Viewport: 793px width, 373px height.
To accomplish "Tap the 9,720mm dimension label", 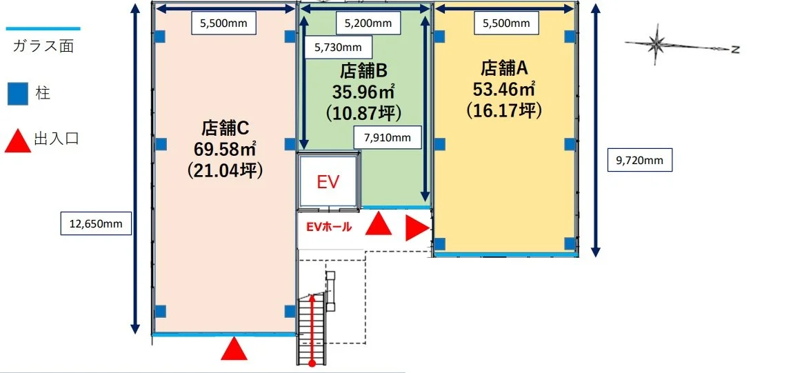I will click(x=639, y=161).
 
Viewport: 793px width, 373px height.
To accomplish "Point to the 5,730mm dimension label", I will click(x=337, y=48).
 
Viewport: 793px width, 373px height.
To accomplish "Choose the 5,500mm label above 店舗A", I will click(x=506, y=23).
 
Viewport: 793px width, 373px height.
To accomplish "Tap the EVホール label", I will click(x=329, y=226).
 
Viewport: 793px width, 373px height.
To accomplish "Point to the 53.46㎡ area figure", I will click(x=504, y=88).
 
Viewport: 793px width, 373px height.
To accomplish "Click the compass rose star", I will click(x=656, y=46).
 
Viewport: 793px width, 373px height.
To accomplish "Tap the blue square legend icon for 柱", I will click(x=18, y=93).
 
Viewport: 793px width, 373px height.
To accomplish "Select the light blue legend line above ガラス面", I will click(x=43, y=29).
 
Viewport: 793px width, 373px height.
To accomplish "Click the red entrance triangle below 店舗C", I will click(x=234, y=349).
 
